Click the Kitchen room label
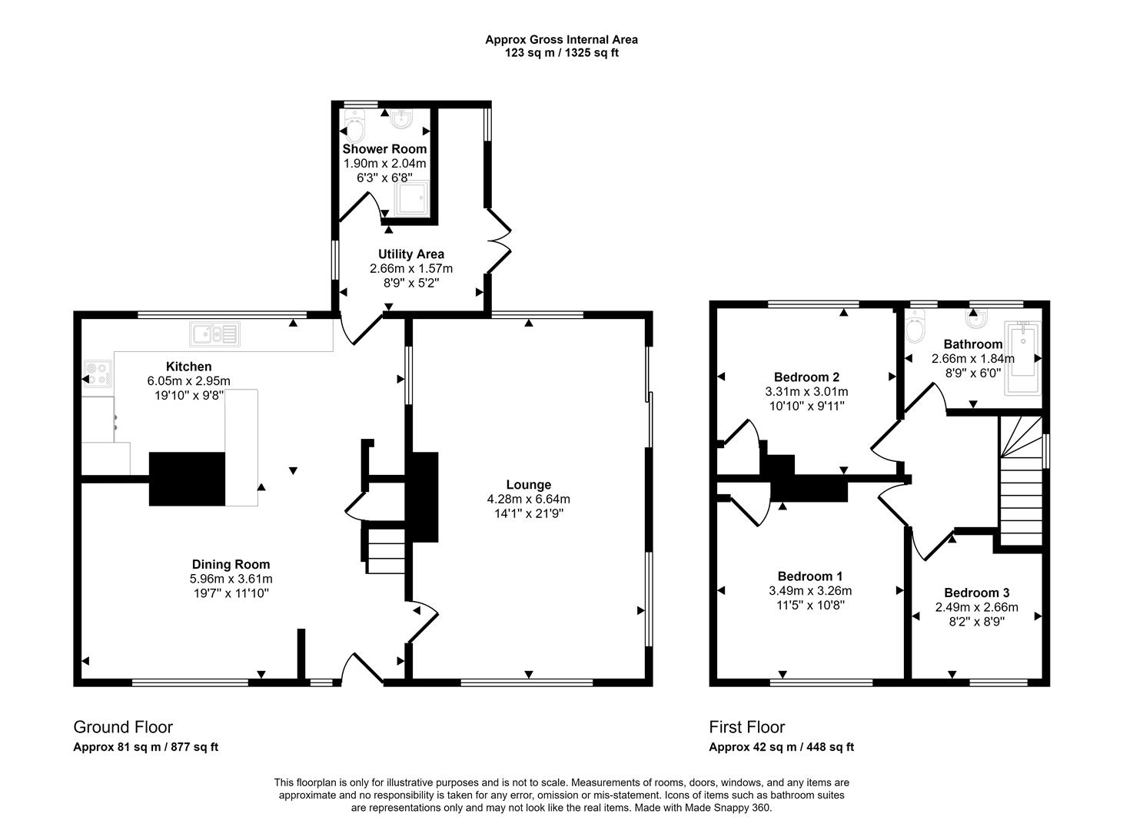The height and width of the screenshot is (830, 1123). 188,367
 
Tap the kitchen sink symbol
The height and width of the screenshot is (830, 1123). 215,334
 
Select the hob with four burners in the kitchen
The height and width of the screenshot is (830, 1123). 98,373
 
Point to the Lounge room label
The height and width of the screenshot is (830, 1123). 528,485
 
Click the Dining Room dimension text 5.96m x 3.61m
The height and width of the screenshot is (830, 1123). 231,579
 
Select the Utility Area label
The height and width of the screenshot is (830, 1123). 410,254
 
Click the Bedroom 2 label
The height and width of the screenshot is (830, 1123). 806,377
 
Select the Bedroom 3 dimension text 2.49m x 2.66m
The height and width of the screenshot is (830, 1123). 976,607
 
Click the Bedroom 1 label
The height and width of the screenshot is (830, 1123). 810,576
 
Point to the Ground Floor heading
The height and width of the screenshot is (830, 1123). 123,727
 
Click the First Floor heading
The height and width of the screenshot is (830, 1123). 746,727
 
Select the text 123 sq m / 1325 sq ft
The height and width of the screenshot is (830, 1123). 561,53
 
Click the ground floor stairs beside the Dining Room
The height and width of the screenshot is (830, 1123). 386,551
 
